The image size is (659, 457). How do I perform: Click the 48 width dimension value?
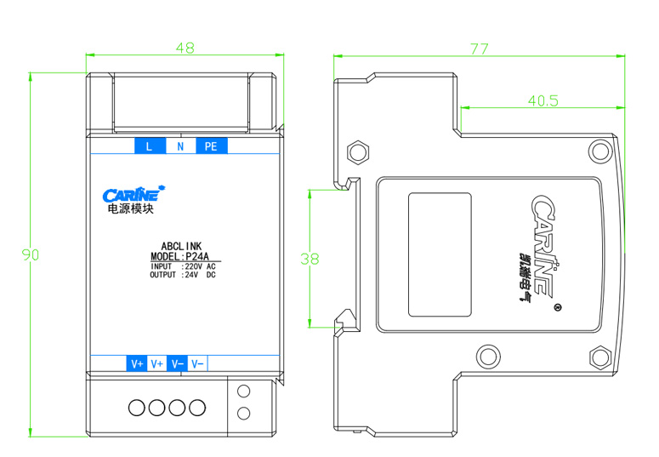pyautogui.click(x=185, y=48)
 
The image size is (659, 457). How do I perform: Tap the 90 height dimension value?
pyautogui.click(x=31, y=254)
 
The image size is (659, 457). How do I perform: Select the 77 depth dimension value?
pyautogui.click(x=479, y=49)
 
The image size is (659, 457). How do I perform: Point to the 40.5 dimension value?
pyautogui.click(x=543, y=101)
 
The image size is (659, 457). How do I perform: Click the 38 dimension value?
pyautogui.click(x=310, y=259)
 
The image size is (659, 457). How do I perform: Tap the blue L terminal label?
pyautogui.click(x=150, y=146)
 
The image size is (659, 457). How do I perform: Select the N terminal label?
pyautogui.click(x=181, y=146)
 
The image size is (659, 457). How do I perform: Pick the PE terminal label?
pyautogui.click(x=212, y=146)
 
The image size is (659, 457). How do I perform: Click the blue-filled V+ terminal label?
pyautogui.click(x=137, y=363)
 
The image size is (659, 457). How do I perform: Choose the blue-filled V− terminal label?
pyautogui.click(x=178, y=363)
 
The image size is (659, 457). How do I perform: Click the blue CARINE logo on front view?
pyautogui.click(x=134, y=194)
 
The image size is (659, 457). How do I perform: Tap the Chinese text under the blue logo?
pyautogui.click(x=131, y=209)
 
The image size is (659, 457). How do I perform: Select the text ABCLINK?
pyautogui.click(x=182, y=246)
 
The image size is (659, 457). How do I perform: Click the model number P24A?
pyautogui.click(x=197, y=256)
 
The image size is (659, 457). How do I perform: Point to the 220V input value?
pyautogui.click(x=194, y=266)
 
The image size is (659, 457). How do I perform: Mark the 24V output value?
pyautogui.click(x=191, y=275)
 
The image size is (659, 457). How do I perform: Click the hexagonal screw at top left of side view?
pyautogui.click(x=358, y=151)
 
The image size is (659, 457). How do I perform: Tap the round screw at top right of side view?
pyautogui.click(x=599, y=151)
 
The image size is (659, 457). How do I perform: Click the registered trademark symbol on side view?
pyautogui.click(x=558, y=307)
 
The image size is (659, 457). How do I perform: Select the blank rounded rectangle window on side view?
pyautogui.click(x=440, y=254)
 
